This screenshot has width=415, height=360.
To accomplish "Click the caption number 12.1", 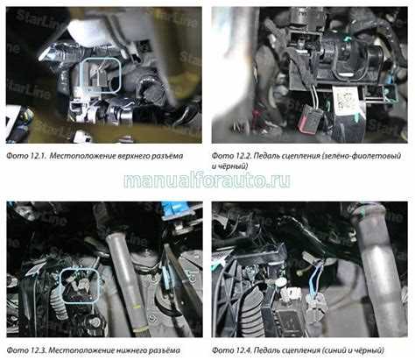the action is coord(38,156).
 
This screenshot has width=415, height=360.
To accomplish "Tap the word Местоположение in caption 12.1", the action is coord(82,156).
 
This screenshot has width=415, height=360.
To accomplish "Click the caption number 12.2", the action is coord(243,156).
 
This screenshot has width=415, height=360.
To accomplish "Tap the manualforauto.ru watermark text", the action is coord(207,180).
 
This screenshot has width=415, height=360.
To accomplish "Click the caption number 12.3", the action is coord(38,350).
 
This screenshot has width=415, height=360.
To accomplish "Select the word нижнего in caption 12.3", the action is coord(131,350).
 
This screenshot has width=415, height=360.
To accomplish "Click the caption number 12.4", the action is coord(243,350).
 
